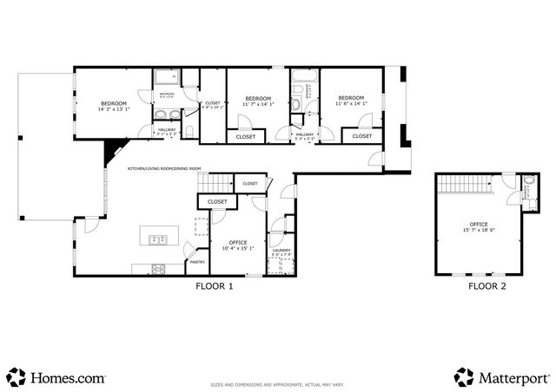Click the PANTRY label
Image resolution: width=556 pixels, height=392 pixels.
click(x=197, y=261)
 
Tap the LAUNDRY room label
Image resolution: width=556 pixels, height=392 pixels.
click(x=281, y=252)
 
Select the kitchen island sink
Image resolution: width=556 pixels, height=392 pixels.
click(x=158, y=238)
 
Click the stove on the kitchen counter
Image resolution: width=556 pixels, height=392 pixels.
click(x=158, y=268)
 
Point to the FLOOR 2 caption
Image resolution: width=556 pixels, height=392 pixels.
click(x=487, y=285)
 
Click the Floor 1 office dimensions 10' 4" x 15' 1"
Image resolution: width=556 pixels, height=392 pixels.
click(x=238, y=248)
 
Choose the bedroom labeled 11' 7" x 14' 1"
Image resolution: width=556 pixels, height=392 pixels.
click(x=258, y=103)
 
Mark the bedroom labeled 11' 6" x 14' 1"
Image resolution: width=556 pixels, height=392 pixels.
click(x=351, y=101)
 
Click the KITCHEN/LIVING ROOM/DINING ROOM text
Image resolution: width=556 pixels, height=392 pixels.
click(x=164, y=167)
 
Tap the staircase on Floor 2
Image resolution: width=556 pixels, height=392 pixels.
click(x=460, y=183)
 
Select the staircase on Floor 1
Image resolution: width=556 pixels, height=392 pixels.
click(x=216, y=183)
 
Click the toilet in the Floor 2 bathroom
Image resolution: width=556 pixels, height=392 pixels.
click(x=530, y=182)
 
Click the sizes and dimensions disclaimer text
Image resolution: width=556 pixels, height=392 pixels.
click(x=277, y=384)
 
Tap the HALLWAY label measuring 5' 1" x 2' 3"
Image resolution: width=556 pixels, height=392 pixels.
click(x=166, y=133)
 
